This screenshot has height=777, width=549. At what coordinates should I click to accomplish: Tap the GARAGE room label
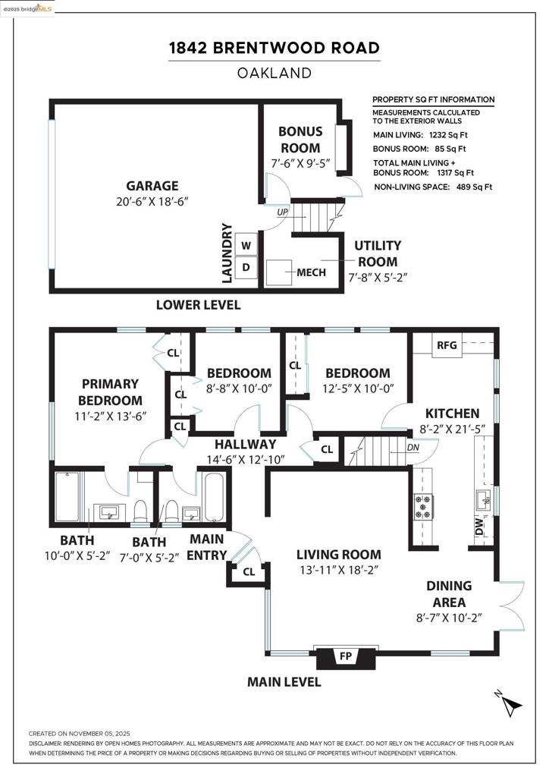pos(152,186)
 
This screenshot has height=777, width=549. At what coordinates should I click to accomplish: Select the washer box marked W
pos(246,246)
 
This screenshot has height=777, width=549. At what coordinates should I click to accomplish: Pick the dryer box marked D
pos(246,267)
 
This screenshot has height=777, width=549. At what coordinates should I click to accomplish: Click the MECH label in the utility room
pos(311,272)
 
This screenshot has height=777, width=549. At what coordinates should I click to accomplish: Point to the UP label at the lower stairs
pos(283,213)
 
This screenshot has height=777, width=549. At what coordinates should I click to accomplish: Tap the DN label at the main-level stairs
pos(413,447)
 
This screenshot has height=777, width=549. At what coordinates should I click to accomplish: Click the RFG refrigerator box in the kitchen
pos(447,346)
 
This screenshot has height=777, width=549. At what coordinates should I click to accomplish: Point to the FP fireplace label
pos(345,656)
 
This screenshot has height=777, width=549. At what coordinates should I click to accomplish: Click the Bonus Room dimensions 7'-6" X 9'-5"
pos(300,162)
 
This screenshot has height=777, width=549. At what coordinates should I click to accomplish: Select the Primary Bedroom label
pos(111,392)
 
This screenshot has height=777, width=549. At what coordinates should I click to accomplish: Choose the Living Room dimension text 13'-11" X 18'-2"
pos(338,570)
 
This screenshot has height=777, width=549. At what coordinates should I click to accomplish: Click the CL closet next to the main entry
pos(249,572)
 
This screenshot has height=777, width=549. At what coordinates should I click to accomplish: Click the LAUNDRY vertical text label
pos(226,253)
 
